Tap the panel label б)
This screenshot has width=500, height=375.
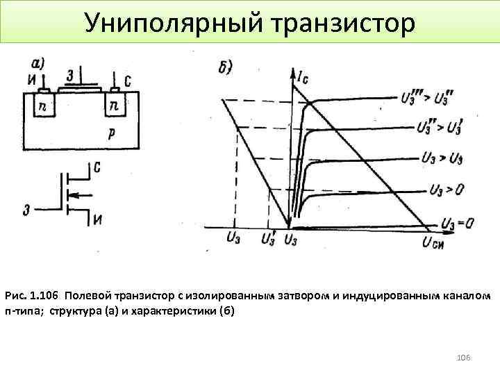pos(224,68)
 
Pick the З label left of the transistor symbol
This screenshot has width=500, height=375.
pos(26,209)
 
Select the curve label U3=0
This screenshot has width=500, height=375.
pos(457,224)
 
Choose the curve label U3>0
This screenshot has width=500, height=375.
pos(446,188)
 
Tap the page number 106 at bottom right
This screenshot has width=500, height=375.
pos(463,357)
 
